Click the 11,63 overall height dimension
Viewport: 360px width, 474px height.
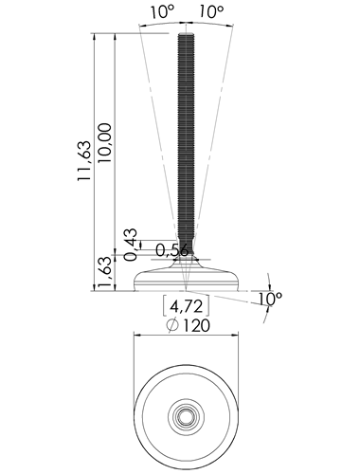coord(84,161)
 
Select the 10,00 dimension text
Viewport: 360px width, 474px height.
coord(105,143)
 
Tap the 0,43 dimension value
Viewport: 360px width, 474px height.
coord(131,245)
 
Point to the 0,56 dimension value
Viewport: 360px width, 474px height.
coord(172,250)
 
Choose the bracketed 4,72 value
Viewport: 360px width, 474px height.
coord(186,306)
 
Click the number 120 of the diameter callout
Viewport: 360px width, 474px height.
coord(196,325)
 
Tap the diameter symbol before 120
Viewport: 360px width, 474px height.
coord(172,325)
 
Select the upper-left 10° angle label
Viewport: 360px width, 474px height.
coord(162,12)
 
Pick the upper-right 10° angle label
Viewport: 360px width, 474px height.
coord(211,12)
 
